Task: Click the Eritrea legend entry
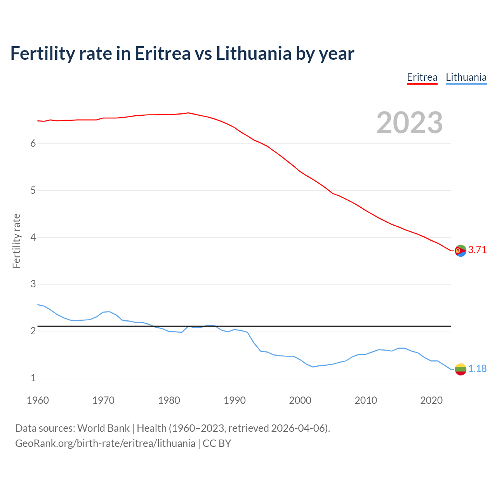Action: tap(422, 77)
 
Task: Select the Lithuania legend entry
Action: tap(466, 77)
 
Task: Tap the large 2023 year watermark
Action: tap(409, 123)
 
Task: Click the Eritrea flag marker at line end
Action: tap(461, 251)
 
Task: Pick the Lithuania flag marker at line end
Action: tap(461, 369)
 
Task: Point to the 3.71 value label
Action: tap(477, 250)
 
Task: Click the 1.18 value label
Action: tap(477, 369)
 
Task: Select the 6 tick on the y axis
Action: tap(33, 144)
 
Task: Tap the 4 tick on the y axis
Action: tap(33, 237)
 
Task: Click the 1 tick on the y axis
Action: tap(33, 378)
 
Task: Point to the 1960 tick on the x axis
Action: tap(38, 400)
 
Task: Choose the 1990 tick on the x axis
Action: tap(235, 400)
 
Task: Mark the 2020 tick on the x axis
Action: tap(431, 400)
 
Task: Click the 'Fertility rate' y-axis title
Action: tap(16, 241)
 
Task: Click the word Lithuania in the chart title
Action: tap(253, 53)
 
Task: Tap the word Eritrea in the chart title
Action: tap(162, 53)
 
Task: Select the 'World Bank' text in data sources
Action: tap(103, 428)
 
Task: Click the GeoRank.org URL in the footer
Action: tap(105, 443)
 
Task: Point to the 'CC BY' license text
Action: tap(217, 443)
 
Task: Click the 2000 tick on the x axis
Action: tap(300, 400)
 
